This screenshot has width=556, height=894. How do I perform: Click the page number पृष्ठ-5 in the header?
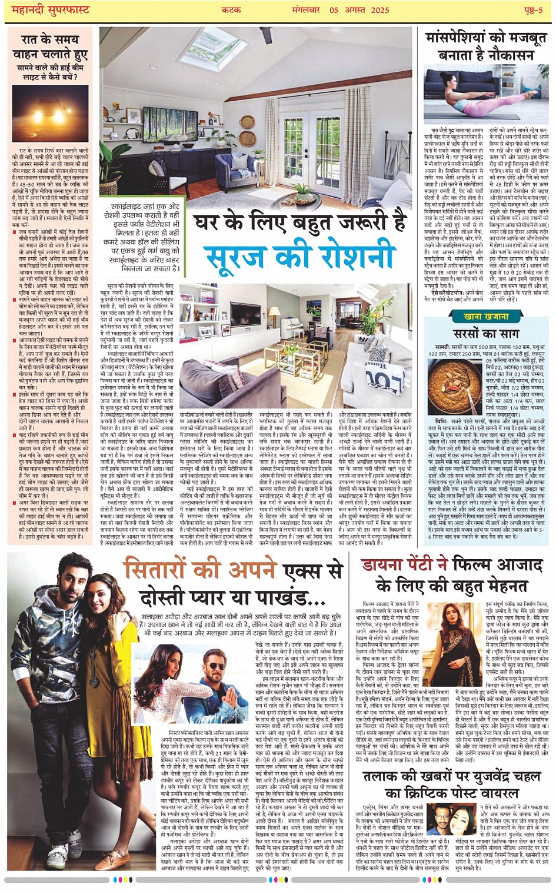click(x=531, y=11)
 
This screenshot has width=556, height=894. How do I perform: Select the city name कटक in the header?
click(x=231, y=11)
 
